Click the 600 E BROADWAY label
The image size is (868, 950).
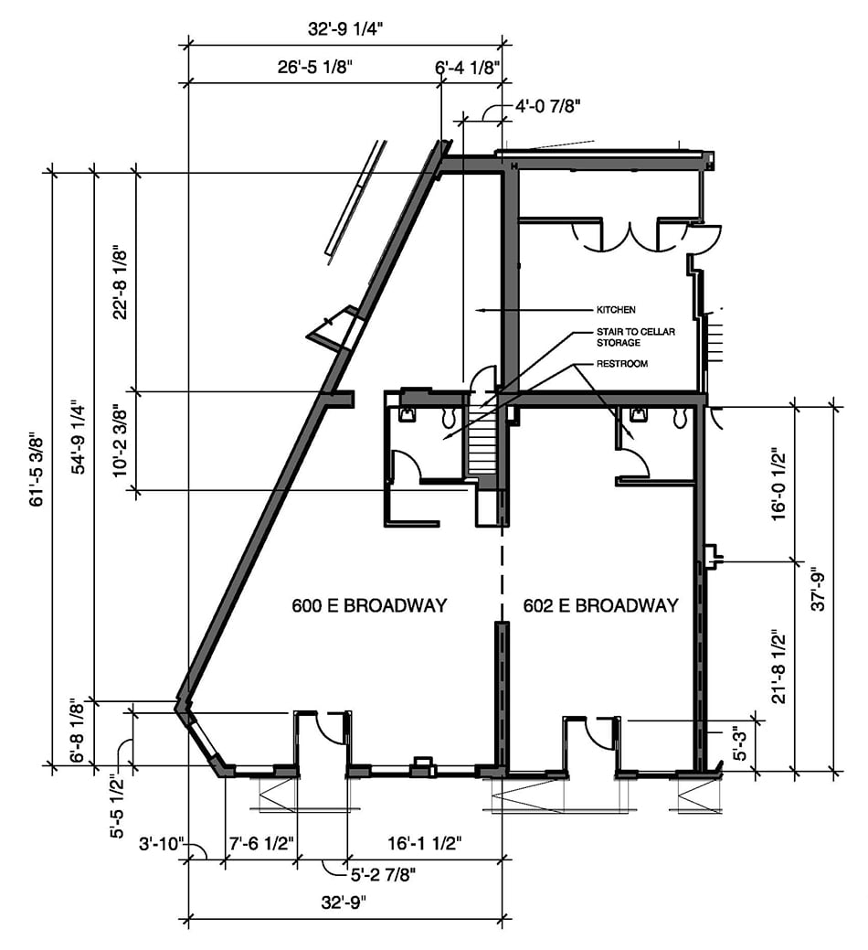(369, 605)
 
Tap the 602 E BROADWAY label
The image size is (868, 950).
(600, 605)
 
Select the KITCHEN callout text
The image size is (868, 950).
(616, 310)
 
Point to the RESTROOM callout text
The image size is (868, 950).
(622, 364)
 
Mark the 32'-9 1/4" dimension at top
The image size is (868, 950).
(345, 29)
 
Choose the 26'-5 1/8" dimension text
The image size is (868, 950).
(314, 67)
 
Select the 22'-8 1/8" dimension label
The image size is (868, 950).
(121, 281)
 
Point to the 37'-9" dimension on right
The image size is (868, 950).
(818, 588)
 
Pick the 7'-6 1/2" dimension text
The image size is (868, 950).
(261, 843)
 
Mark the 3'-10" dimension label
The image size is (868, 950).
(161, 844)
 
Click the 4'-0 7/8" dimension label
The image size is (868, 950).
(548, 107)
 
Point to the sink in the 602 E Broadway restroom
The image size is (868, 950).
(638, 414)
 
